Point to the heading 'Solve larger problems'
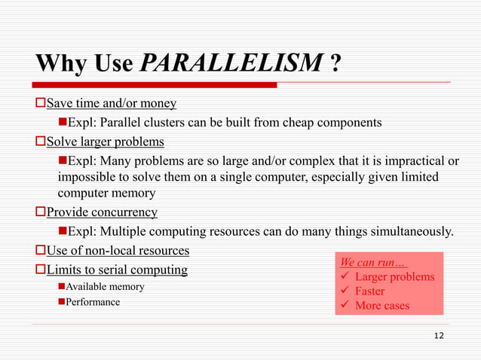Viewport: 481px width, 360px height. (x=106, y=141)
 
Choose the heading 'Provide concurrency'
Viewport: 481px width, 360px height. (x=102, y=212)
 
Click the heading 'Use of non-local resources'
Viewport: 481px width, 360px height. (x=118, y=250)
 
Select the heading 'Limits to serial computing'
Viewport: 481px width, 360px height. (x=117, y=270)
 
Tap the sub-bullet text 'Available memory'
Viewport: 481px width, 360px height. (x=106, y=287)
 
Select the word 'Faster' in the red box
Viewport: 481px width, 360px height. (x=369, y=291)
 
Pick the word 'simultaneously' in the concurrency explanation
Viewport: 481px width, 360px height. (x=412, y=231)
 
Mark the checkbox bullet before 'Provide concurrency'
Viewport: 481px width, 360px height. (x=41, y=212)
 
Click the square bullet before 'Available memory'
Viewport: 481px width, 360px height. (x=61, y=287)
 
